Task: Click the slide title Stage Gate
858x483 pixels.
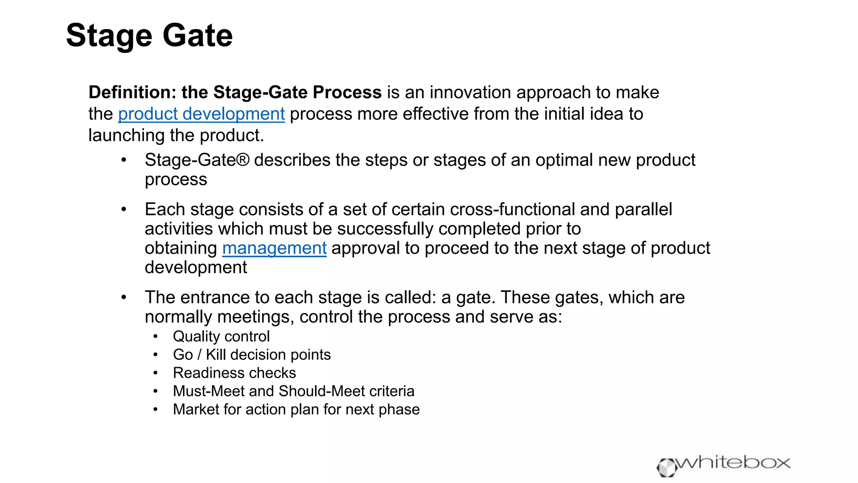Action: (149, 36)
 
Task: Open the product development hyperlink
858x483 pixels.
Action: (201, 114)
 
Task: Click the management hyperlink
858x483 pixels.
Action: (274, 248)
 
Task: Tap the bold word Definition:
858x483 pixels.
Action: (132, 92)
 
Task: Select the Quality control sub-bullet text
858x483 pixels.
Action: (221, 336)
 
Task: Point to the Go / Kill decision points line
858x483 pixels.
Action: (252, 355)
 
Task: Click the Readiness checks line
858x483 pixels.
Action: (234, 373)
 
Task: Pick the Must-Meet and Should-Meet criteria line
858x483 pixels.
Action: (294, 391)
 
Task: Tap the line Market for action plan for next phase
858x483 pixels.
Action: (296, 409)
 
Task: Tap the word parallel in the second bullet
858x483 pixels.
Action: (643, 209)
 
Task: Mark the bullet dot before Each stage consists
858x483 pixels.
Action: (124, 209)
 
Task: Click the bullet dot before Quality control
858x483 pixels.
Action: (155, 336)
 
